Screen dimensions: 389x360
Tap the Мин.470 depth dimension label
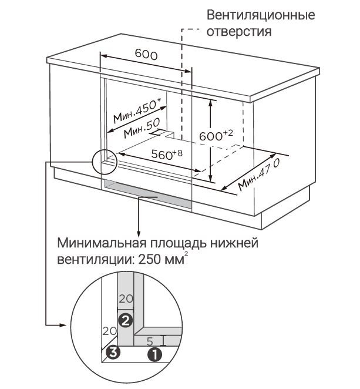click(x=258, y=175)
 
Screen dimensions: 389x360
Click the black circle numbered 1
click(x=154, y=354)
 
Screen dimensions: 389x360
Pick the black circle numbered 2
click(x=124, y=320)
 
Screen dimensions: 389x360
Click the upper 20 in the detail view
click(x=126, y=299)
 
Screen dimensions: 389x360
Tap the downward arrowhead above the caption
click(x=139, y=231)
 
